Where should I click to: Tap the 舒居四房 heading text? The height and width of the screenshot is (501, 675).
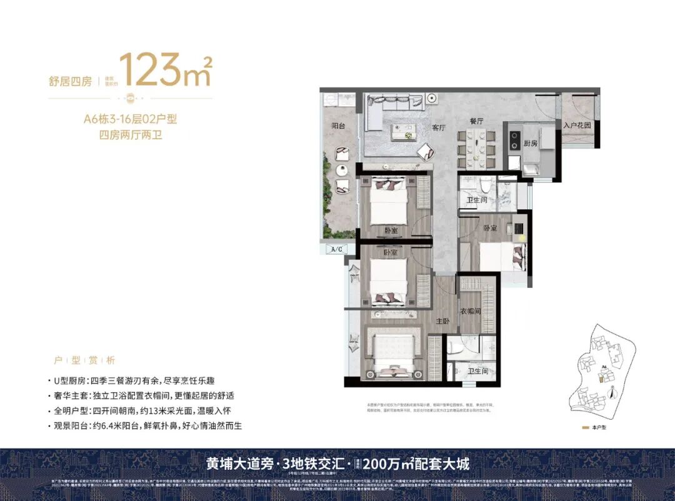[70, 81]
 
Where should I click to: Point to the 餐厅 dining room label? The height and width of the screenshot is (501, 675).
[478, 121]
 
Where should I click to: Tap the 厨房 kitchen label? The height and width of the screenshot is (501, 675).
[531, 143]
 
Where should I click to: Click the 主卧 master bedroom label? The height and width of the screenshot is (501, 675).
[443, 321]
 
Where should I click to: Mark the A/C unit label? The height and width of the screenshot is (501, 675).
[336, 249]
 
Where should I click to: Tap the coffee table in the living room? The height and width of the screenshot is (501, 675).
[399, 131]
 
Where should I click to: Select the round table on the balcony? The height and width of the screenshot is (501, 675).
[341, 170]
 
